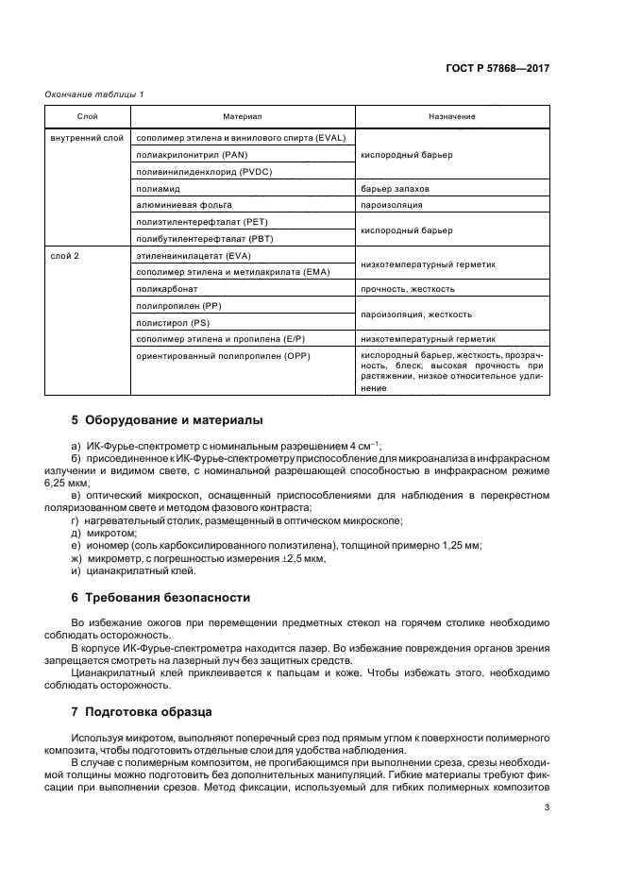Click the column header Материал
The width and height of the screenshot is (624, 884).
coord(243,117)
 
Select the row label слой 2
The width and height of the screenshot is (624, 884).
coord(66,256)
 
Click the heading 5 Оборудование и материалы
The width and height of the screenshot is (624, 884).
coord(167,420)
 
